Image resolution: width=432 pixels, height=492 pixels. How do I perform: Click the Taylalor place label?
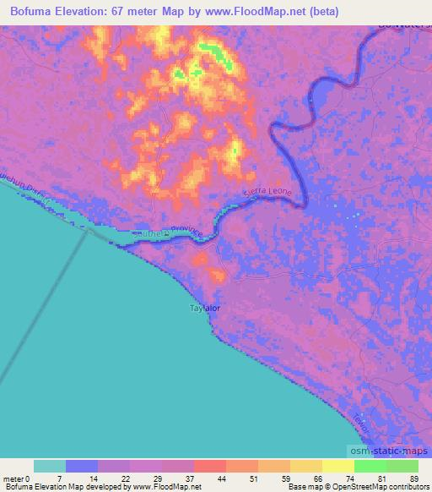click(x=203, y=309)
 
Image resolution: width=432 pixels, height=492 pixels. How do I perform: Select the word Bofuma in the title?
click(x=35, y=12)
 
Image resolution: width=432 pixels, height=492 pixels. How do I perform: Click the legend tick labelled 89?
click(x=413, y=478)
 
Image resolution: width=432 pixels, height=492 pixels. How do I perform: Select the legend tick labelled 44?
click(x=222, y=478)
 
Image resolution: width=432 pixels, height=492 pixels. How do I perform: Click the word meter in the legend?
click(x=14, y=478)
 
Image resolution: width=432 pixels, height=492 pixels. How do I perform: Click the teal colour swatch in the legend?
click(x=50, y=467)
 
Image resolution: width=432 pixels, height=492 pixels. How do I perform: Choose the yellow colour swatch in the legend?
click(x=338, y=467)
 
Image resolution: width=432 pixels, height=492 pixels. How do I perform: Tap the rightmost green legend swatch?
click(x=402, y=467)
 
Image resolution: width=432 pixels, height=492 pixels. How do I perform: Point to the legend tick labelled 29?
click(x=158, y=478)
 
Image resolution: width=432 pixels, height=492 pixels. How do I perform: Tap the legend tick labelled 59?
click(x=284, y=478)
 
